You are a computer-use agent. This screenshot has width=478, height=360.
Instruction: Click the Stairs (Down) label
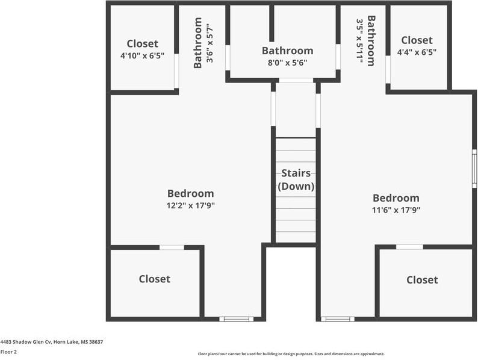pyautogui.click(x=296, y=179)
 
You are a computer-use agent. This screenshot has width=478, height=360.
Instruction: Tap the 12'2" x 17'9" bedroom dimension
pyautogui.click(x=190, y=205)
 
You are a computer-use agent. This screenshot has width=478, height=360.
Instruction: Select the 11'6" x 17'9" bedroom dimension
pyautogui.click(x=396, y=210)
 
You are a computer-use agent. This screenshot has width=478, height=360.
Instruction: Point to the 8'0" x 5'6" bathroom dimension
pyautogui.click(x=288, y=63)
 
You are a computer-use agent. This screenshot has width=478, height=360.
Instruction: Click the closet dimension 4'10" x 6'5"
pyautogui.click(x=142, y=56)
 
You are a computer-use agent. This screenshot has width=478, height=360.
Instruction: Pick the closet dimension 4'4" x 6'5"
pyautogui.click(x=417, y=52)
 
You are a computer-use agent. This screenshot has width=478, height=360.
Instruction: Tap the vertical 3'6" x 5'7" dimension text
pyautogui.click(x=210, y=43)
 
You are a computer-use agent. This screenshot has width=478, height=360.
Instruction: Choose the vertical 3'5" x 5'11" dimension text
pyautogui.click(x=360, y=41)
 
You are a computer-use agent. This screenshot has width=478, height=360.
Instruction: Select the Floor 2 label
pyautogui.click(x=8, y=352)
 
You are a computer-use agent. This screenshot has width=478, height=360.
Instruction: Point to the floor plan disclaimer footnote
pyautogui.click(x=291, y=354)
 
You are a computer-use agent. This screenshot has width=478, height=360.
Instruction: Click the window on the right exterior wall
pyautogui.click(x=474, y=169)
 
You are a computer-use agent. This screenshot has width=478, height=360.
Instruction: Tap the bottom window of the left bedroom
pyautogui.click(x=236, y=319)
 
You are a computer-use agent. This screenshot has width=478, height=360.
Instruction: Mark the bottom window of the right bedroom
pyautogui.click(x=338, y=319)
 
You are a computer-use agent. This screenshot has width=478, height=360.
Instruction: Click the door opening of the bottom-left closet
pyautogui.click(x=172, y=247)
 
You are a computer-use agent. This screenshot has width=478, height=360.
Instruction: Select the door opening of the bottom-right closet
pyautogui.click(x=409, y=247)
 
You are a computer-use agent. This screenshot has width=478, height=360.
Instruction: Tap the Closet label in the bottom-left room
pyautogui.click(x=155, y=279)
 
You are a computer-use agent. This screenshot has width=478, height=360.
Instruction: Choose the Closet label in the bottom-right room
pyautogui.click(x=422, y=280)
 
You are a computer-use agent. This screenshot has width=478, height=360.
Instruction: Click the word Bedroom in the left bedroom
pyautogui.click(x=190, y=194)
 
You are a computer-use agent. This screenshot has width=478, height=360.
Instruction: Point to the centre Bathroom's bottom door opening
pyautogui.click(x=296, y=81)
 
